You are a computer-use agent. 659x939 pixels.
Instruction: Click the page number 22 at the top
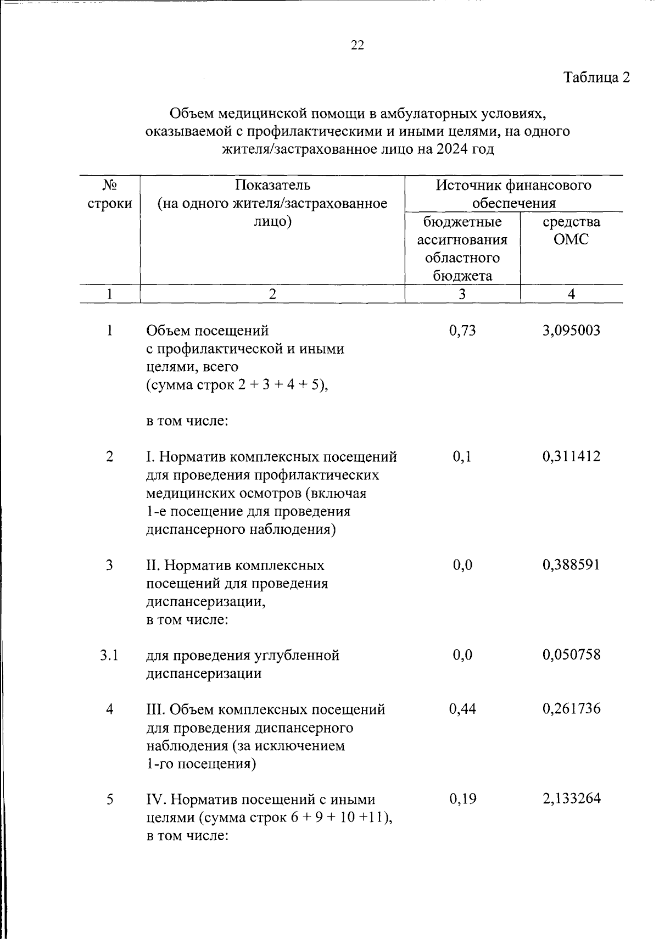[x=357, y=46]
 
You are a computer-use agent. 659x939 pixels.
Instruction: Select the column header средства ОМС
[x=571, y=231]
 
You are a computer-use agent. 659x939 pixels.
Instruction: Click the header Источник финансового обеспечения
[x=513, y=194]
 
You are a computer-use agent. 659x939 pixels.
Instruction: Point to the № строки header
[x=110, y=194]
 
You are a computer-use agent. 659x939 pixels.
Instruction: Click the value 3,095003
[x=571, y=331]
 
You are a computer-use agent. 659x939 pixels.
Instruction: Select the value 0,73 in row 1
[x=462, y=331]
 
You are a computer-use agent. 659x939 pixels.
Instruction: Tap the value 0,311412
[x=571, y=456]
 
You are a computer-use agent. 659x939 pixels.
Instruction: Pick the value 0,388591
[x=571, y=564]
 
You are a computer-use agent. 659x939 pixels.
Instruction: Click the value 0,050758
[x=571, y=655]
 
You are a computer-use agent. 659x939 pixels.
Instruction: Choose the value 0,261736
[x=571, y=709]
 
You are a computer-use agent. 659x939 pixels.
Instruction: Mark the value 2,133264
[x=571, y=799]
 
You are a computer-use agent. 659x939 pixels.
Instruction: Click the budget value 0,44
[x=462, y=709]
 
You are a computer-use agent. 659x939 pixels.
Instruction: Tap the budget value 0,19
[x=462, y=799]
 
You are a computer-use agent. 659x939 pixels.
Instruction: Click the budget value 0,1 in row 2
[x=462, y=456]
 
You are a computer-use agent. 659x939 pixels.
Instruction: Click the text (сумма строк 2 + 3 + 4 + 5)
[x=237, y=385]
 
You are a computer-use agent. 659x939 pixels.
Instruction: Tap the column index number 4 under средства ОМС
[x=571, y=294]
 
